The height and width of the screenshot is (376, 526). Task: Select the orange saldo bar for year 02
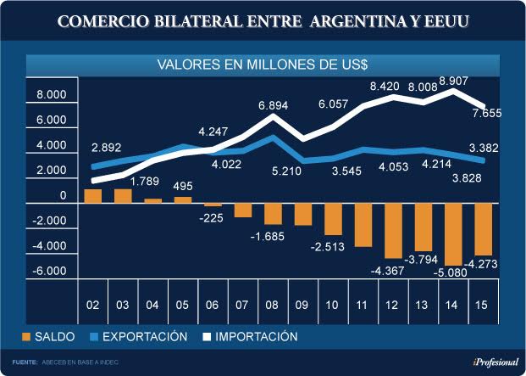93,196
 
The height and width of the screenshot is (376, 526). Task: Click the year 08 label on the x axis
273,305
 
